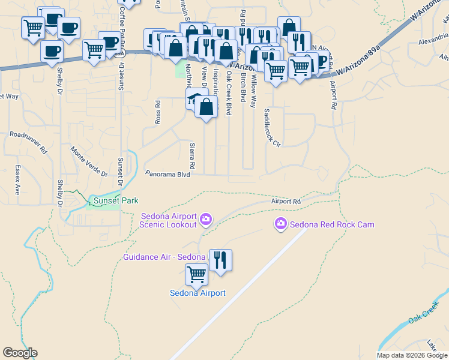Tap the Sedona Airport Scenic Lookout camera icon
point(206,220)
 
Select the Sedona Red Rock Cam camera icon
point(280,224)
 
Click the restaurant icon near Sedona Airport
point(220,260)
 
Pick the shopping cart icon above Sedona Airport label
point(197,275)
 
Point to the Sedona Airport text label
point(197,293)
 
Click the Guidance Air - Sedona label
point(164,257)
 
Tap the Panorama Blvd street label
point(167,174)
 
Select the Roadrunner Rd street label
point(28,136)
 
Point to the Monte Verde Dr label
point(88,162)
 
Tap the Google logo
point(20,353)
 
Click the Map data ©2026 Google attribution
point(412,355)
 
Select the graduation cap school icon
point(194,98)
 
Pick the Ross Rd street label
point(158,112)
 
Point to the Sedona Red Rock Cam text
point(332,225)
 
